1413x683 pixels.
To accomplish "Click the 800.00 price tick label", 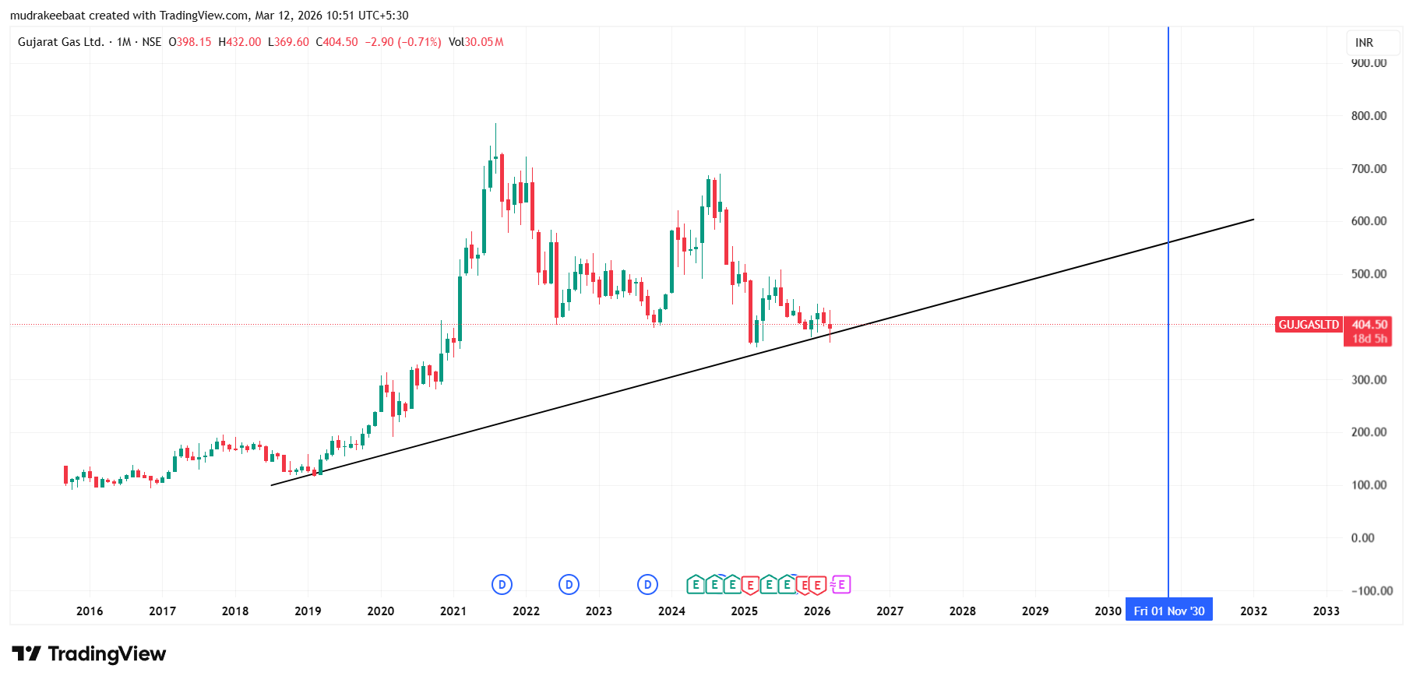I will [1369, 116].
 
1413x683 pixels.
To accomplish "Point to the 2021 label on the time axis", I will [453, 611].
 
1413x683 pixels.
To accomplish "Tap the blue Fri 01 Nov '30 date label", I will [1168, 611].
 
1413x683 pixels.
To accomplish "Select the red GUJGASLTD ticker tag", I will [1309, 325].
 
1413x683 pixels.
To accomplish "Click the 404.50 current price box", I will [1369, 325].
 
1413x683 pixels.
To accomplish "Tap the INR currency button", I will [1364, 43].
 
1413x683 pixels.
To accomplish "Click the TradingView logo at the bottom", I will [89, 653].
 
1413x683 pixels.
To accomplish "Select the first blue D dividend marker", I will [502, 584].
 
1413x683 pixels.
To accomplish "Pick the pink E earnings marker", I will [841, 584].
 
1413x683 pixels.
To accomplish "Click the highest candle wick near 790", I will [495, 125].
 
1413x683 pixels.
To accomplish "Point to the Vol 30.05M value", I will [476, 42].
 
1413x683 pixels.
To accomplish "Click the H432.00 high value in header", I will [240, 42].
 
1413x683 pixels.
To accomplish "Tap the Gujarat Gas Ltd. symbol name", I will [61, 42].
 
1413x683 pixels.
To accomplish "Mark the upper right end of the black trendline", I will [1253, 220].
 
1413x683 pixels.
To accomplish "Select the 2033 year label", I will [1326, 611].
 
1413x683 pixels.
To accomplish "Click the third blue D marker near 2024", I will [647, 584].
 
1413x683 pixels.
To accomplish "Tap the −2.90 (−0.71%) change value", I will [403, 42].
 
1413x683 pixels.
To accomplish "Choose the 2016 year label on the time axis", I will [90, 611].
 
